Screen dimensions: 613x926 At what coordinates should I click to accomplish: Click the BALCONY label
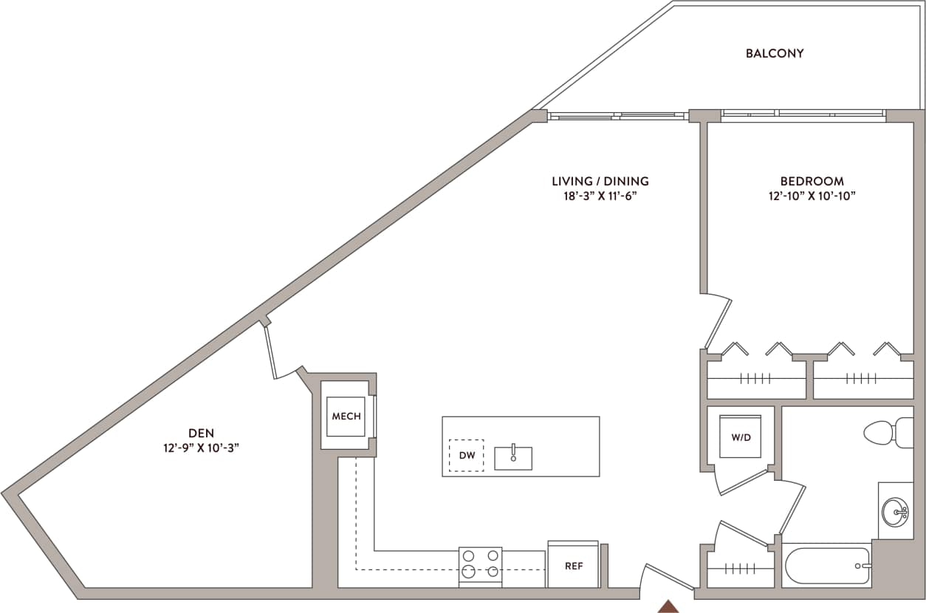(x=774, y=53)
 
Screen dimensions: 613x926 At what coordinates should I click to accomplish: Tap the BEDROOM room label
(x=812, y=181)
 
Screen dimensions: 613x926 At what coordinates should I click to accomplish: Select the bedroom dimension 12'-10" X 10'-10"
(x=812, y=196)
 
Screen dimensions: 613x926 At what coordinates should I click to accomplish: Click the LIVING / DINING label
(x=600, y=181)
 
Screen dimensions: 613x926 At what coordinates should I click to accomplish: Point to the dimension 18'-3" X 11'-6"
(x=600, y=196)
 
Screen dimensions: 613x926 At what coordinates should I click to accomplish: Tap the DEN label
(x=201, y=434)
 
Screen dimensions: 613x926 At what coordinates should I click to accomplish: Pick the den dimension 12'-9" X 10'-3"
(x=201, y=448)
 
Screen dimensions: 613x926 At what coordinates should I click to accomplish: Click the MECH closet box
(x=346, y=417)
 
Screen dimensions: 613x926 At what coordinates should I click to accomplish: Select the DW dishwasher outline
(x=467, y=456)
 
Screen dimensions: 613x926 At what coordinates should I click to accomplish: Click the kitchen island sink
(x=513, y=457)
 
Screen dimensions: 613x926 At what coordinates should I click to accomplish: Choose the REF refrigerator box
(x=573, y=566)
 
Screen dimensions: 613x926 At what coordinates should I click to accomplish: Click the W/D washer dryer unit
(x=741, y=437)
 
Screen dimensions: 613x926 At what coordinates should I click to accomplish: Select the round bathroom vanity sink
(x=896, y=510)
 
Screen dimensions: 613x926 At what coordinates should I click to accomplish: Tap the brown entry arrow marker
(x=668, y=606)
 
